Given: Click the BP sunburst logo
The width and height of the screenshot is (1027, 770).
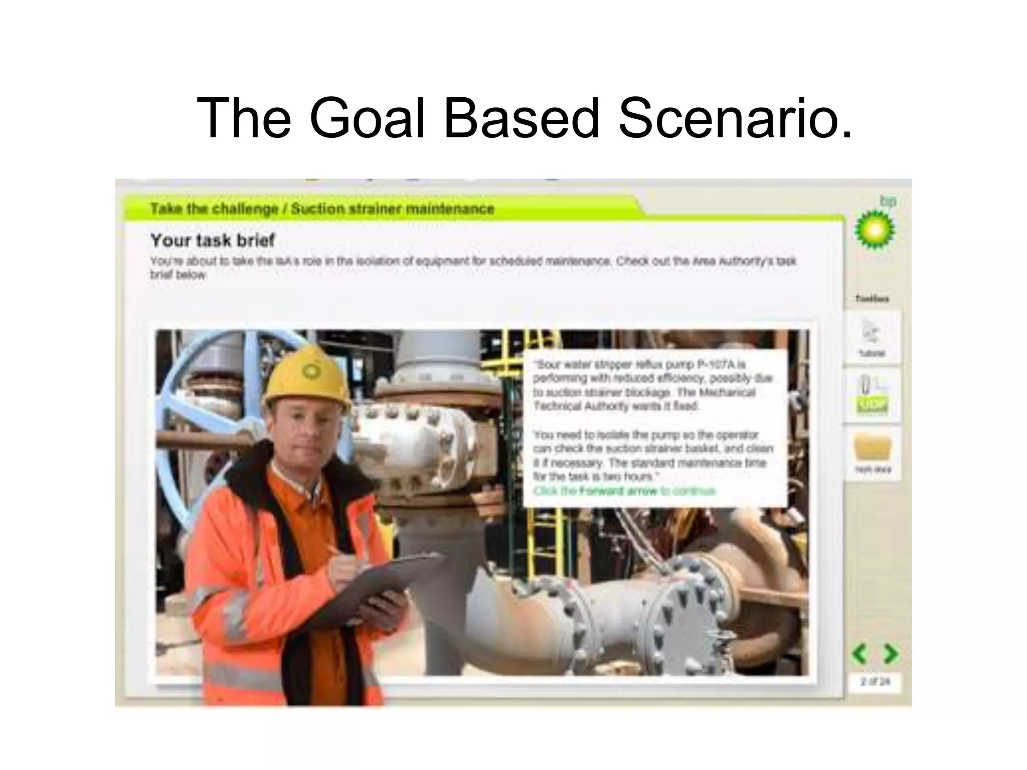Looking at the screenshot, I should click(x=874, y=230).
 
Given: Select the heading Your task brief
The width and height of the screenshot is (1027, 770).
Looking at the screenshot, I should click(x=213, y=240).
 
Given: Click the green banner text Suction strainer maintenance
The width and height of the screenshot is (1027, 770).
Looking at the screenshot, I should click(x=393, y=209).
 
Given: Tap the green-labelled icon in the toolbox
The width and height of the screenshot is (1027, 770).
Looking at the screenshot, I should click(x=873, y=396).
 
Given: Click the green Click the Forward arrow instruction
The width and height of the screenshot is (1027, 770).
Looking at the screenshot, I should click(x=624, y=491).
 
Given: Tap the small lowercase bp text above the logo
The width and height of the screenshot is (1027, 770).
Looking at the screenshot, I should click(x=888, y=201).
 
